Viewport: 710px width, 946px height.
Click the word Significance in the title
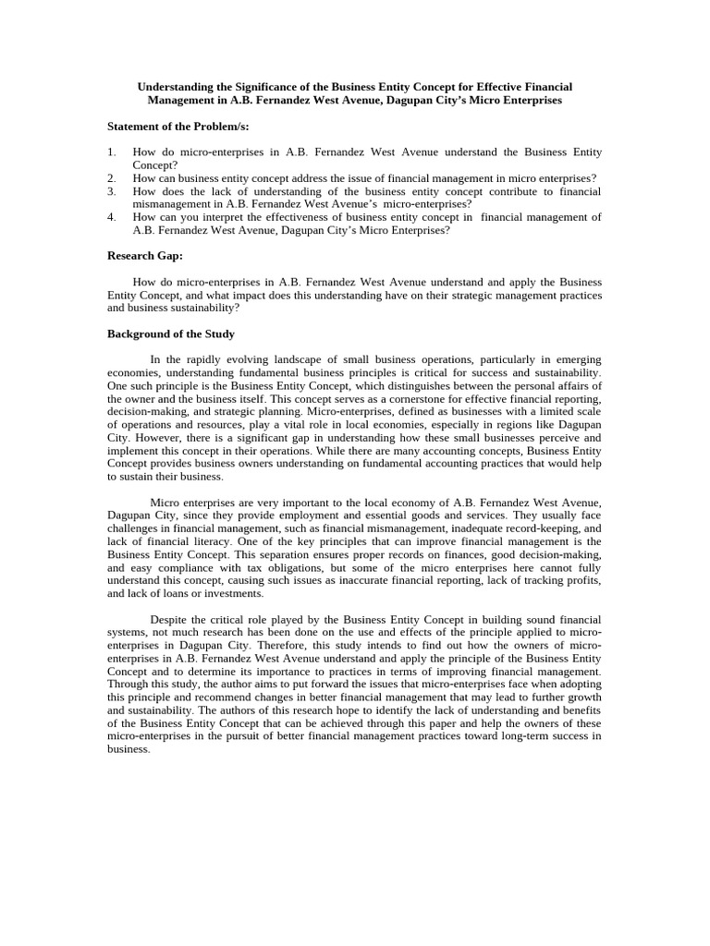coord(253,86)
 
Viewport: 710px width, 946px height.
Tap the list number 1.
coord(111,152)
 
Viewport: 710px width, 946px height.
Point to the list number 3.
coord(111,191)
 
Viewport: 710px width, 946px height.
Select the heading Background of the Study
coord(171,334)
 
